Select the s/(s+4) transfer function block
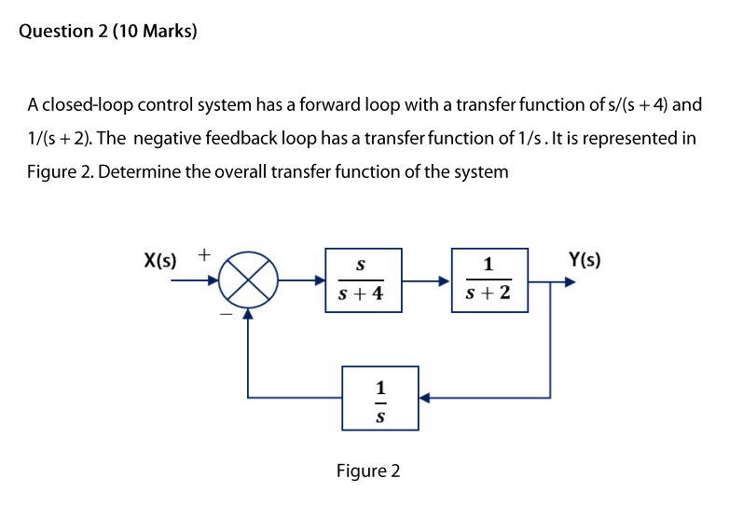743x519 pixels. point(364,280)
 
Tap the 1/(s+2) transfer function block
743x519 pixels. point(489,280)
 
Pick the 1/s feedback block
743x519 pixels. point(379,399)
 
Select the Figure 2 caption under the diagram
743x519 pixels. point(368,471)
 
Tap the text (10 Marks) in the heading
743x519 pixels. point(168,32)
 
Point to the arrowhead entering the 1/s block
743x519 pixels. point(423,399)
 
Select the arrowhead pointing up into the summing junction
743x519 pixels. point(248,314)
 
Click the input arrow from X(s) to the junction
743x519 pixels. point(194,280)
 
